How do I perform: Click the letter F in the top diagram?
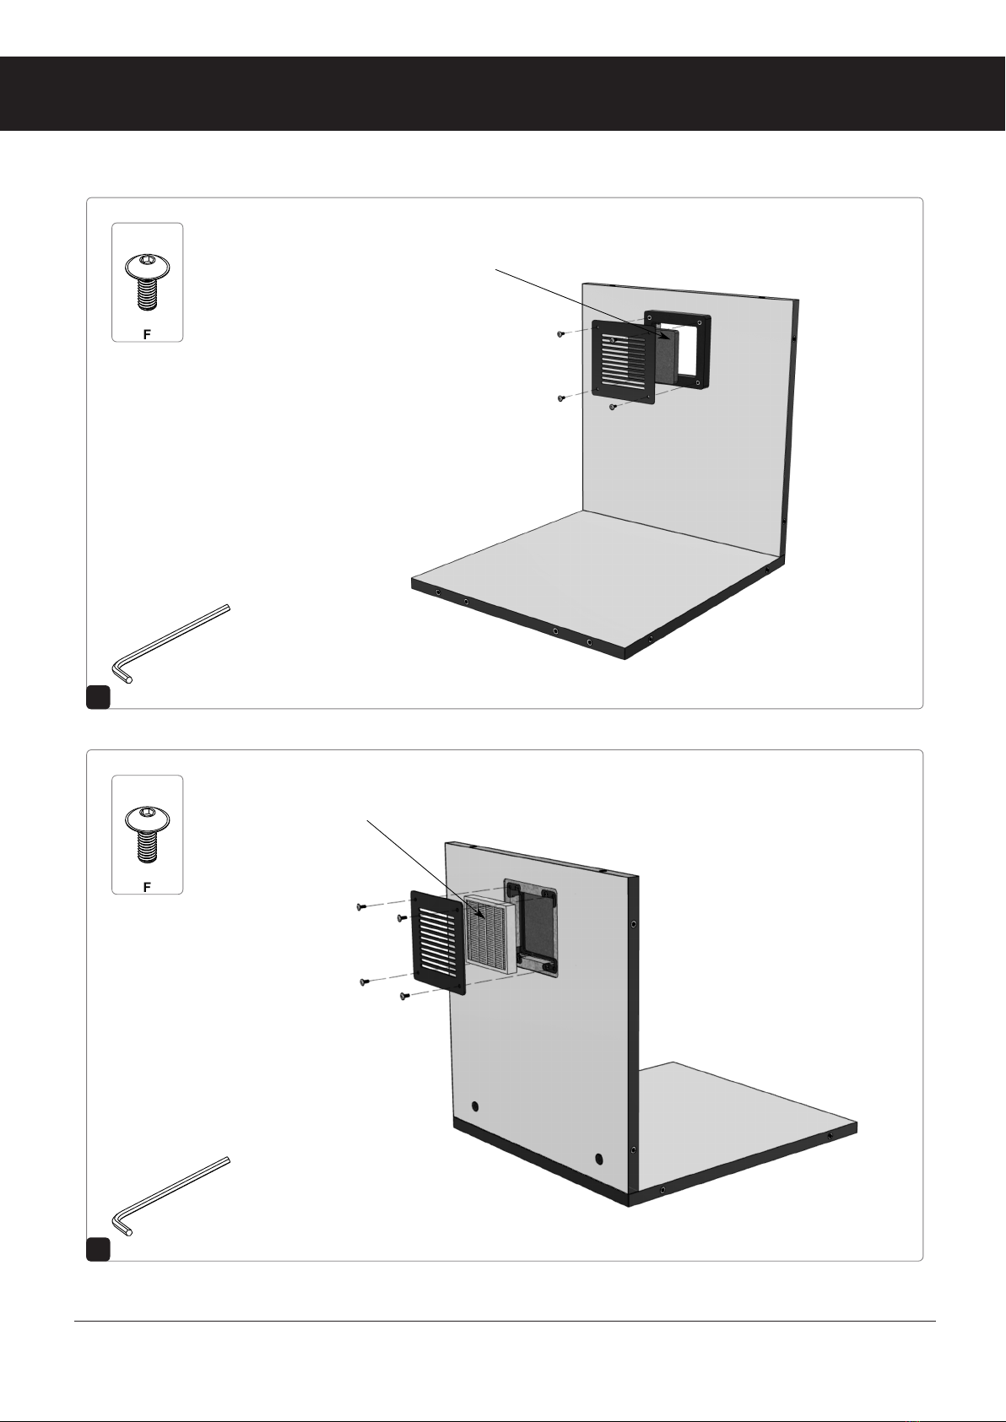(x=147, y=334)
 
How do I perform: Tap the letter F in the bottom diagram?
(x=147, y=887)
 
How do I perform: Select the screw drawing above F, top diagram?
(x=148, y=283)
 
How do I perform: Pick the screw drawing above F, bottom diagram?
(x=148, y=835)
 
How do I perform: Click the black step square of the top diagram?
(x=99, y=696)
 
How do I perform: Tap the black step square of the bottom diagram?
(x=99, y=1249)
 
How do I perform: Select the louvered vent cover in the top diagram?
(x=624, y=363)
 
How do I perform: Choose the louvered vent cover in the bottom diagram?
(x=438, y=942)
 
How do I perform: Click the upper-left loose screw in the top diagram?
(x=560, y=334)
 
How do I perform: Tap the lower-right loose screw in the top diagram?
(x=613, y=407)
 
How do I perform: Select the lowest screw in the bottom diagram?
(x=403, y=996)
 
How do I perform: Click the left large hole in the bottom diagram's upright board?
(x=475, y=1107)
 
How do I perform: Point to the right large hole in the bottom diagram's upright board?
(x=598, y=1160)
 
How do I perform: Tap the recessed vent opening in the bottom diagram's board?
(x=531, y=928)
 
